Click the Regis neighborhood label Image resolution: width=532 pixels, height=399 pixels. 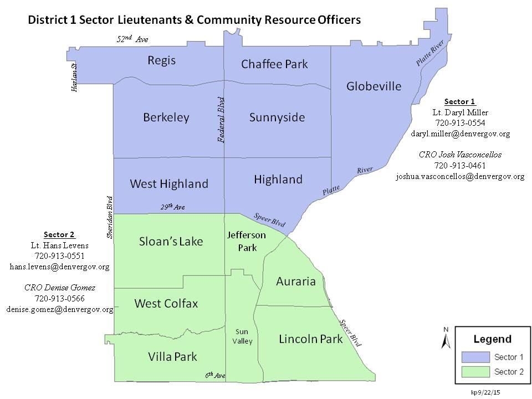(x=161, y=60)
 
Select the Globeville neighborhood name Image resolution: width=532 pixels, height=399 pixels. (x=374, y=86)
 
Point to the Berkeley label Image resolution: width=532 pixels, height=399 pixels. (x=166, y=117)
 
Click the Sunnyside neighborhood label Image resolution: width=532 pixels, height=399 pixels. (x=277, y=117)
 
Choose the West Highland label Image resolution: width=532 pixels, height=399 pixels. (x=169, y=183)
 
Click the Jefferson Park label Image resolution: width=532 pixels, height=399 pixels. (x=247, y=241)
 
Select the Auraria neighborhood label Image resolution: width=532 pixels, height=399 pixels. (x=295, y=282)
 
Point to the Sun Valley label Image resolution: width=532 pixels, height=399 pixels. (x=242, y=336)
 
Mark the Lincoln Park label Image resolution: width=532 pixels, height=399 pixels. (x=311, y=339)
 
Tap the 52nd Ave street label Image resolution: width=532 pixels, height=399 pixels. (x=132, y=39)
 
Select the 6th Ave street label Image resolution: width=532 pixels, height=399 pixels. (x=215, y=375)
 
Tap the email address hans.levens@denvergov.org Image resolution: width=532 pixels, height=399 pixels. (x=60, y=266)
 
